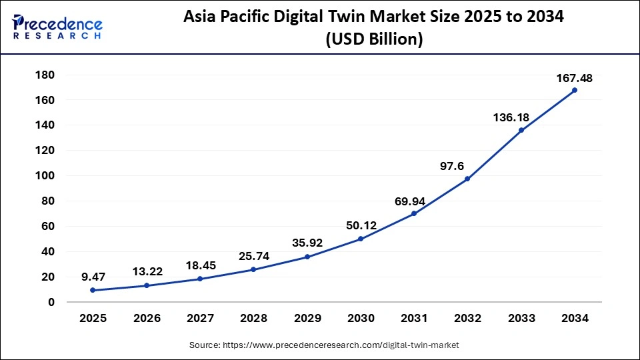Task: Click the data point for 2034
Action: (575, 90)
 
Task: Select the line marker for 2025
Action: (93, 290)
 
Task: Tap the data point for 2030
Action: (361, 239)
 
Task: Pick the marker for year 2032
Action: (467, 179)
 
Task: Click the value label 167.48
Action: (575, 79)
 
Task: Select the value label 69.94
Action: (414, 200)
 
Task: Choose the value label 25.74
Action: (253, 255)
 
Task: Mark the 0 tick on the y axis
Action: (51, 302)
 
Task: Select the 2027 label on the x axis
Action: (200, 319)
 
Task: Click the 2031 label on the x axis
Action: (414, 319)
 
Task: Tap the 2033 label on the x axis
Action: (521, 319)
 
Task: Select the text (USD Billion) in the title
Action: (374, 40)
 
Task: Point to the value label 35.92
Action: (307, 243)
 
